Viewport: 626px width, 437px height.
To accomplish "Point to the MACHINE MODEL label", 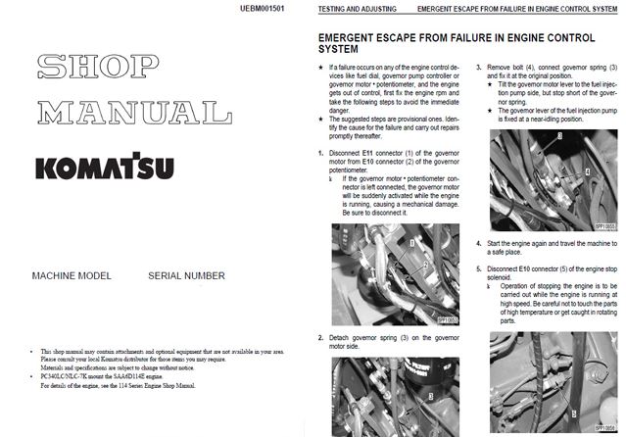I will (x=70, y=276).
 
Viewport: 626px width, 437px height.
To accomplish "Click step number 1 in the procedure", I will (x=321, y=153).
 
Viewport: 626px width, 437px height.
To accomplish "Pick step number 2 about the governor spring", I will (x=321, y=336).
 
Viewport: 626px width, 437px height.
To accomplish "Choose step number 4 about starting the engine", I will (x=478, y=242).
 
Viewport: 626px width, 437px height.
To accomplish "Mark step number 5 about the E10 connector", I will (x=478, y=267).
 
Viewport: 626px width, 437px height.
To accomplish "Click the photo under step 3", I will (x=550, y=182).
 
